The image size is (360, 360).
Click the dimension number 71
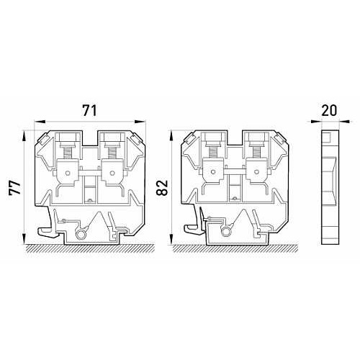coord(90,111)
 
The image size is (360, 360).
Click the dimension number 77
coord(15,188)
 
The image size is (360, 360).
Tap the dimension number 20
coord(329,110)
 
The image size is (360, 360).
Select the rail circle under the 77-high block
coord(81,235)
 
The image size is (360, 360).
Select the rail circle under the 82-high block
coord(225,232)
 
